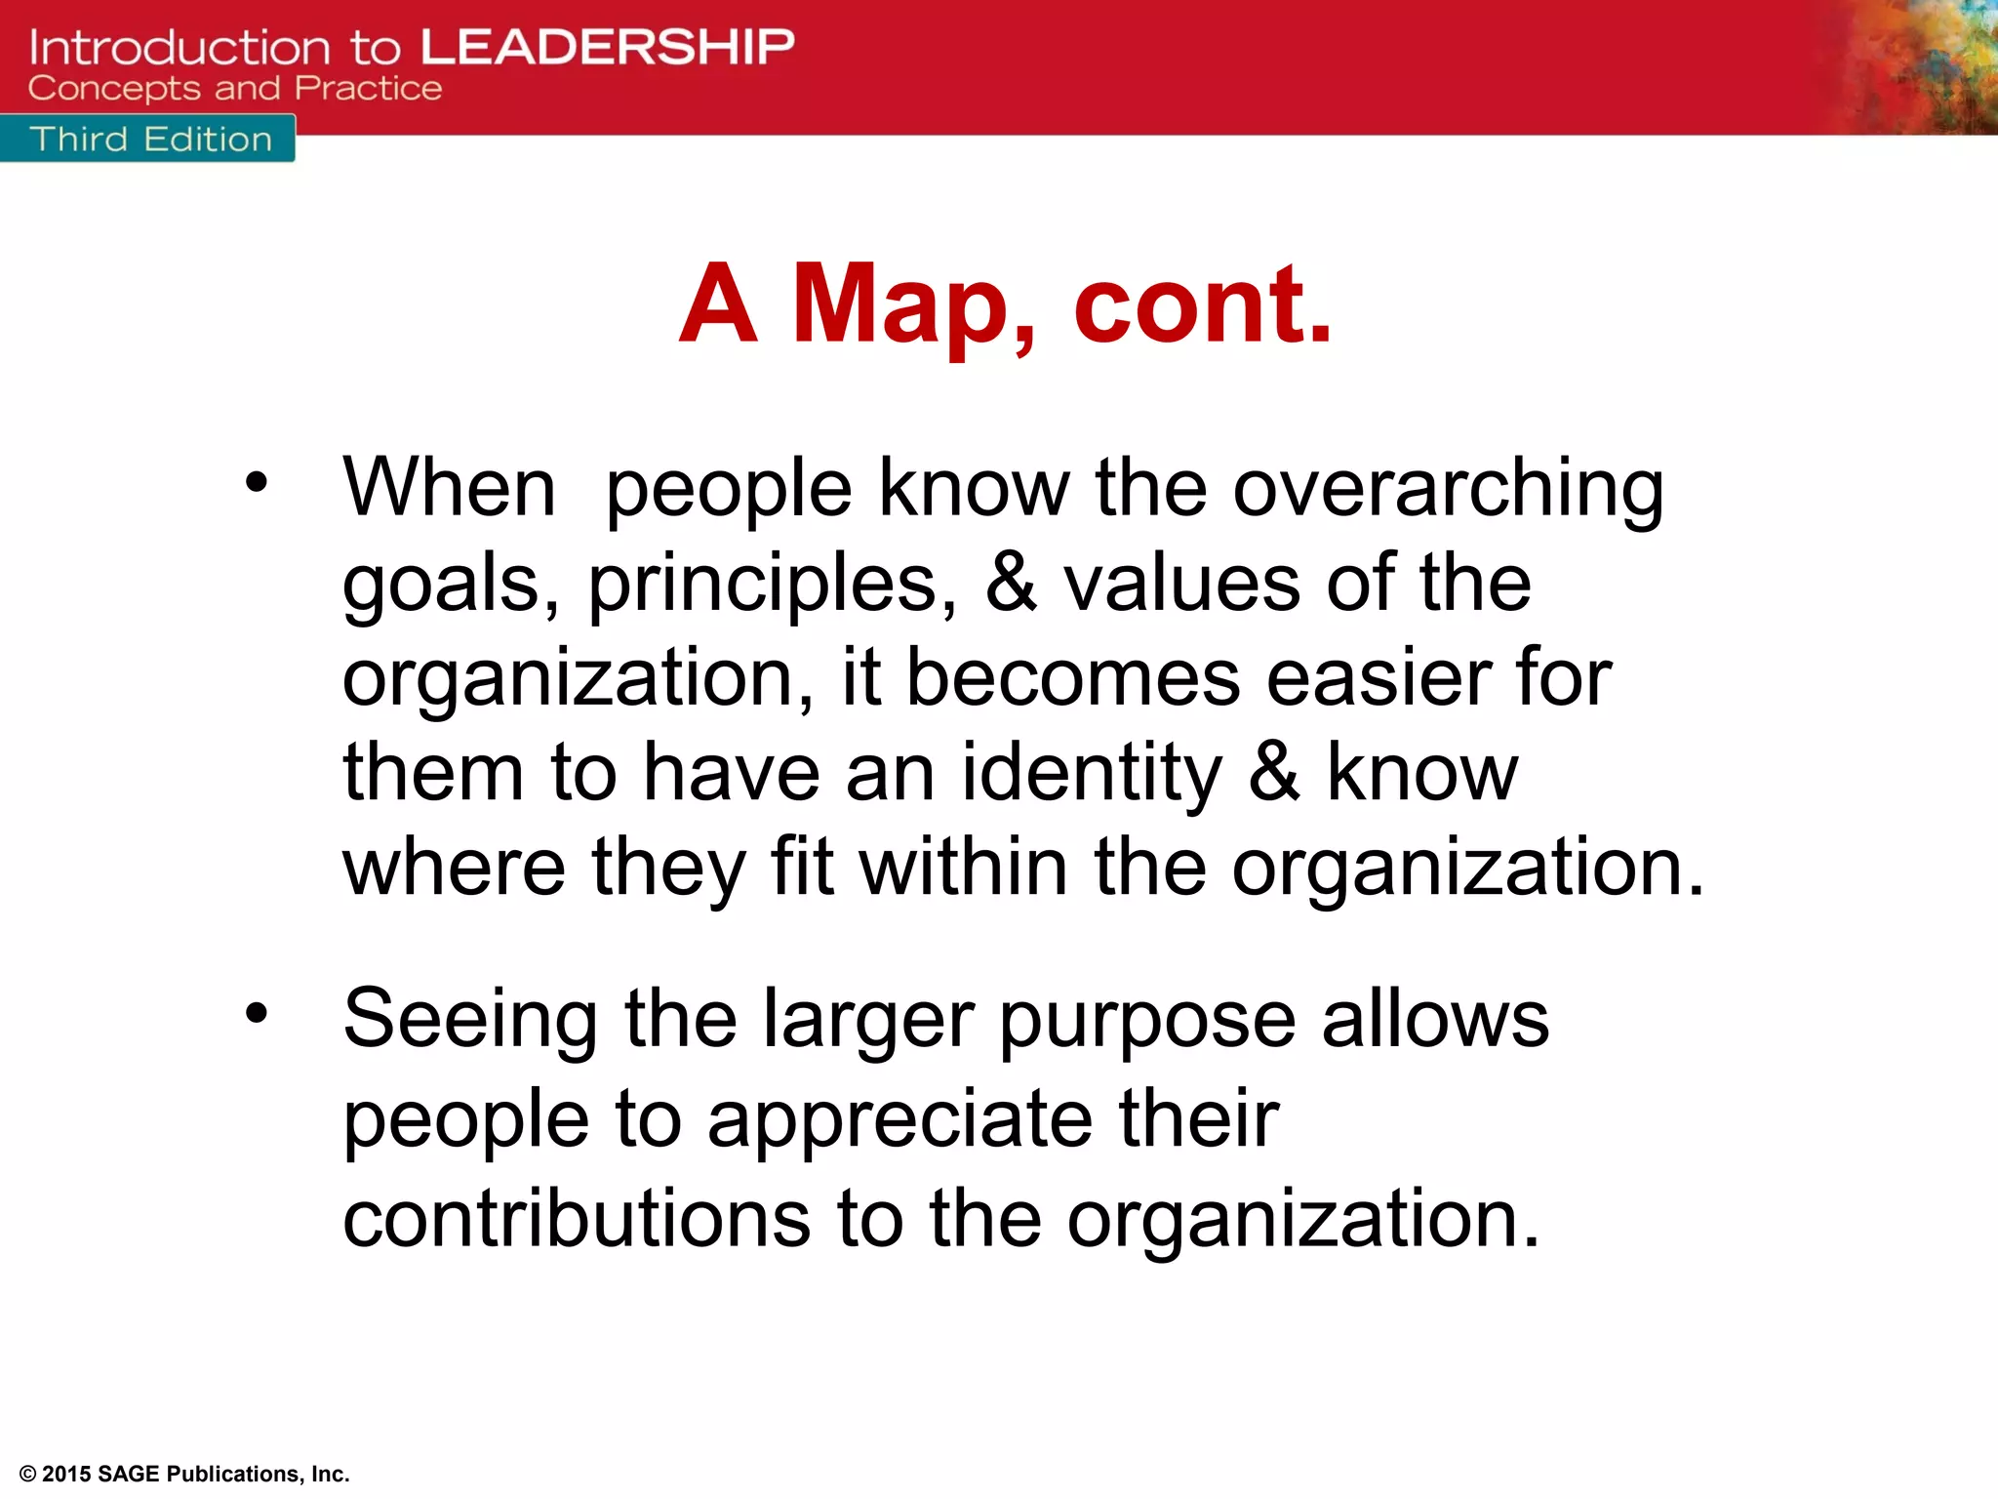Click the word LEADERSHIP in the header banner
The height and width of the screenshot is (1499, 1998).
click(x=607, y=47)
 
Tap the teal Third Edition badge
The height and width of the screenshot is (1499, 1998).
click(x=148, y=140)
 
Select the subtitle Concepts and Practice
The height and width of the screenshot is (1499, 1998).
click(x=234, y=89)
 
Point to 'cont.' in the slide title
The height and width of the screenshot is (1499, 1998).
click(x=1202, y=304)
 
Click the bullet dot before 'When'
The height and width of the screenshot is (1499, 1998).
click(x=256, y=481)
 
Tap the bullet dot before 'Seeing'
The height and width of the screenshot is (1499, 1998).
click(x=256, y=1013)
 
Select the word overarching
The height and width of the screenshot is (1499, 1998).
click(x=1448, y=489)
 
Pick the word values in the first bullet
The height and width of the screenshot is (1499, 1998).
click(x=1181, y=583)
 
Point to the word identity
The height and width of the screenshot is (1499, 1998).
click(x=1091, y=774)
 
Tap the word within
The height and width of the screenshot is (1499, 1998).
click(x=963, y=868)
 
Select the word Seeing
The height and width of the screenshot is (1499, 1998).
click(x=470, y=1021)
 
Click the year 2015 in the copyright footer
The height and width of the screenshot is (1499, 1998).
click(x=66, y=1474)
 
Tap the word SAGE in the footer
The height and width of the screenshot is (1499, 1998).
click(x=129, y=1474)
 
